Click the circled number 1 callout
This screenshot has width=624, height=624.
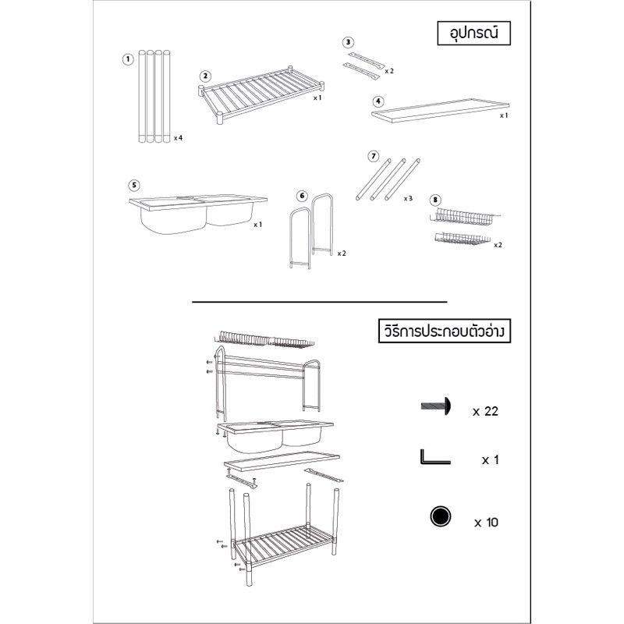click(x=128, y=60)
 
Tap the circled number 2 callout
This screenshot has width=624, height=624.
click(x=205, y=76)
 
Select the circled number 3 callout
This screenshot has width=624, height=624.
click(x=348, y=42)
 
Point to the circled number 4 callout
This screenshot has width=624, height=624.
click(x=378, y=101)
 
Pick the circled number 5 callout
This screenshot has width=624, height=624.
click(x=134, y=185)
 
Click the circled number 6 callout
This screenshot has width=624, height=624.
click(x=303, y=196)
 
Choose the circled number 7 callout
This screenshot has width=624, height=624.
click(x=374, y=157)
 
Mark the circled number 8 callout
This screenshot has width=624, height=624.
click(x=435, y=200)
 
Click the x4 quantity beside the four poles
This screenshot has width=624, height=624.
click(x=178, y=138)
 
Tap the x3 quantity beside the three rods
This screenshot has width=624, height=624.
click(x=408, y=198)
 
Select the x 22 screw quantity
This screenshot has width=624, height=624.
click(x=485, y=411)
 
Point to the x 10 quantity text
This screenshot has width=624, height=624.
click(x=486, y=522)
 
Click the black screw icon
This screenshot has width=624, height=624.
click(x=436, y=406)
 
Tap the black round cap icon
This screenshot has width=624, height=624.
click(x=441, y=516)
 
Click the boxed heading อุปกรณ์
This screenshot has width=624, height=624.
click(x=473, y=33)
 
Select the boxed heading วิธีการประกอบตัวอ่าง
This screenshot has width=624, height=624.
click(x=444, y=331)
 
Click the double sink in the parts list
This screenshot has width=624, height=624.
click(x=198, y=214)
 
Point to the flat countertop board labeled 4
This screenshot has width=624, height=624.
click(x=441, y=111)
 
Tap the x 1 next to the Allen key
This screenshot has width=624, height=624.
click(x=491, y=460)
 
